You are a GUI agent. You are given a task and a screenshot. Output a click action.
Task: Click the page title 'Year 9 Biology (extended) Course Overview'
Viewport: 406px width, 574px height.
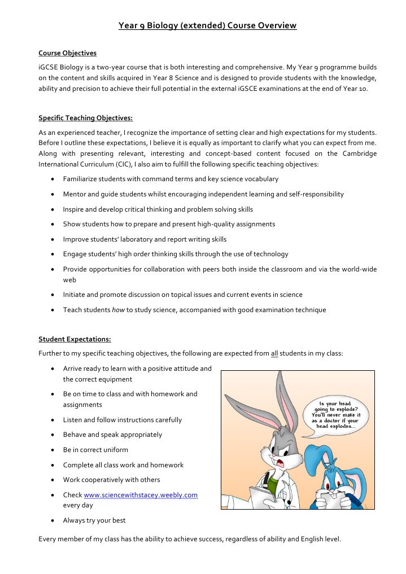[207, 25]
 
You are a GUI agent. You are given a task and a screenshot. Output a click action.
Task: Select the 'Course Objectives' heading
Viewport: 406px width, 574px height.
[67, 53]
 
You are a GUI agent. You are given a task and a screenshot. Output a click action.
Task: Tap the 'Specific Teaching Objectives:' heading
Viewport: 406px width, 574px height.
[85, 119]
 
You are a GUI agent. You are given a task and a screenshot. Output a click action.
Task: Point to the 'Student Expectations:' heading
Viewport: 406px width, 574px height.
[75, 339]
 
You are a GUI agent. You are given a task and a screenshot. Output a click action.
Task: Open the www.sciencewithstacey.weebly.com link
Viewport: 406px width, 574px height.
[141, 495]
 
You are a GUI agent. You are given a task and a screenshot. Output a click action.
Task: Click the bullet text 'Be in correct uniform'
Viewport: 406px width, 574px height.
[95, 450]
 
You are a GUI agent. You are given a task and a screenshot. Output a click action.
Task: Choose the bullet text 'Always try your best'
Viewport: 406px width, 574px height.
[94, 520]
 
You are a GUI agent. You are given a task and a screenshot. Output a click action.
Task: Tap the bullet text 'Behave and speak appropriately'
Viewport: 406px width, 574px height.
[112, 435]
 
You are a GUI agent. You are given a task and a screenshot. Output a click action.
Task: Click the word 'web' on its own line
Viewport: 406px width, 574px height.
[69, 279]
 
